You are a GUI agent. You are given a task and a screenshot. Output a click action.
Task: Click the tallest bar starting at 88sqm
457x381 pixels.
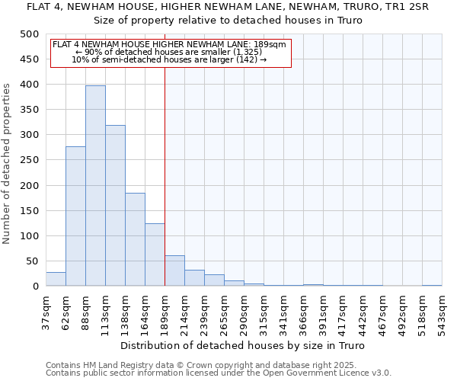95,186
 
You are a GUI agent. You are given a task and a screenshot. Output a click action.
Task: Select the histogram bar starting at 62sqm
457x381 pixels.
75,216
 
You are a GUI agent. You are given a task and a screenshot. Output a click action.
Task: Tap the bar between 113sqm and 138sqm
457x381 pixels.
115,206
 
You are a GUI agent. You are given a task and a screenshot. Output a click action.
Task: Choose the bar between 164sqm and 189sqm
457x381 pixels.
155,255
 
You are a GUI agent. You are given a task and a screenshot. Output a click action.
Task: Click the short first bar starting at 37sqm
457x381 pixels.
56,280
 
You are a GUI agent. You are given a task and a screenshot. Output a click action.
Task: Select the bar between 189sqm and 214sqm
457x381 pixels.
174,271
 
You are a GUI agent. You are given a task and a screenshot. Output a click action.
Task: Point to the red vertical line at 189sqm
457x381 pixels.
165,175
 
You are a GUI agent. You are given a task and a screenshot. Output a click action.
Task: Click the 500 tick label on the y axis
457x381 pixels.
29,34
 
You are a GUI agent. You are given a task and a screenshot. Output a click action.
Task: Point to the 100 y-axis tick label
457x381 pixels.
29,236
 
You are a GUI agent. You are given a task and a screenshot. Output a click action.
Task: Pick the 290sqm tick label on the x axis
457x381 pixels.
244,312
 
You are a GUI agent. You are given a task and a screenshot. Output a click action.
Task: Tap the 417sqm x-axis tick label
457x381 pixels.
344,312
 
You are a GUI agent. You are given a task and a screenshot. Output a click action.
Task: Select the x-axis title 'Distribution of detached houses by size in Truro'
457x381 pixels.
244,346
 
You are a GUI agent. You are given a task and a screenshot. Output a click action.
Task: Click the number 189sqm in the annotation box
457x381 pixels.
273,44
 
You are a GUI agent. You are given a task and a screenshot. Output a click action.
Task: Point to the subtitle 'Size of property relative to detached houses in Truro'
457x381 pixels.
228,20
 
